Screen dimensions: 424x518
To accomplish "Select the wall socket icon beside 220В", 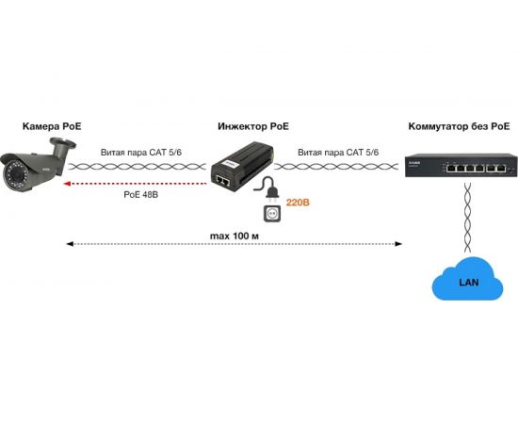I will point(272,214).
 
